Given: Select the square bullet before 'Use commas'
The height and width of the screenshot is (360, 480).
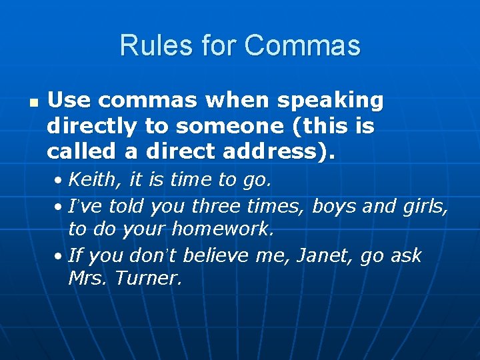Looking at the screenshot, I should tap(34, 103).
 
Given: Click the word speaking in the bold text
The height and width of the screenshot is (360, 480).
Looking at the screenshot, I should tap(330, 101).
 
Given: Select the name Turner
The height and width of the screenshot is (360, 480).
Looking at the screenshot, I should tap(148, 279).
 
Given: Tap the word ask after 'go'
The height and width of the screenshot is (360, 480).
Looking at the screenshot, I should tap(406, 255).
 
